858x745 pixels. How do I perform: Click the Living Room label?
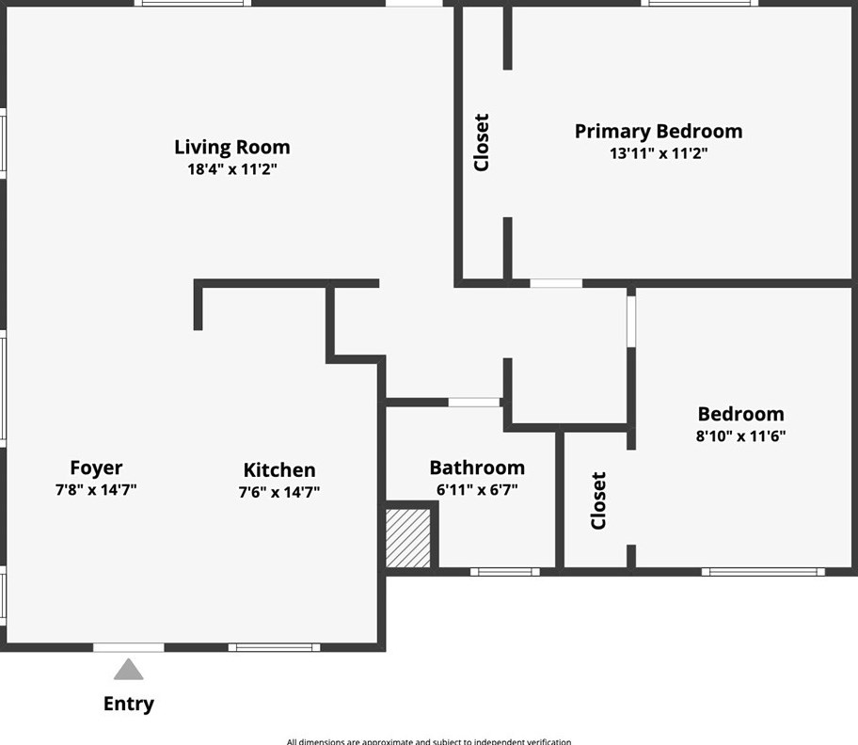(x=231, y=148)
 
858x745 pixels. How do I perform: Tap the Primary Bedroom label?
(x=658, y=132)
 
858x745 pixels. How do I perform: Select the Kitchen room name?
(x=279, y=470)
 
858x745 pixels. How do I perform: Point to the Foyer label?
(x=96, y=468)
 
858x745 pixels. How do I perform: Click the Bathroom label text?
(x=477, y=468)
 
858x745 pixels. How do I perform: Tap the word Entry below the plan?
(x=128, y=704)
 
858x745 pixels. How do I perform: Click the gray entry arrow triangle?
(x=129, y=670)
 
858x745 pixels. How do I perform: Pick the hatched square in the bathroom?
(x=409, y=538)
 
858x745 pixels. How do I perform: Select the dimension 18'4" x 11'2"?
(x=231, y=170)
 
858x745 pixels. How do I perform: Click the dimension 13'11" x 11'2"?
(x=658, y=153)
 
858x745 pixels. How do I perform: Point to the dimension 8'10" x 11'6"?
(x=740, y=436)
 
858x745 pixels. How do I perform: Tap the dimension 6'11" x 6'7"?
(x=477, y=490)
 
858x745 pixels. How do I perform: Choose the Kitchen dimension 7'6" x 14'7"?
(x=279, y=491)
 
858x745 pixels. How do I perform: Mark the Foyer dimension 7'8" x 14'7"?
(x=96, y=489)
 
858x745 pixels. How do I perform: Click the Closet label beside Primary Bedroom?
(x=482, y=142)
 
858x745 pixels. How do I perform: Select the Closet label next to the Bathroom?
(x=598, y=500)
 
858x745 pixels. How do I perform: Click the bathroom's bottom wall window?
(x=505, y=571)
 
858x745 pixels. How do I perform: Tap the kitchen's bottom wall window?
(x=274, y=647)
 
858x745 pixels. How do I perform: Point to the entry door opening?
(x=129, y=647)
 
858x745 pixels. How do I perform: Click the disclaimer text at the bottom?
(x=428, y=741)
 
